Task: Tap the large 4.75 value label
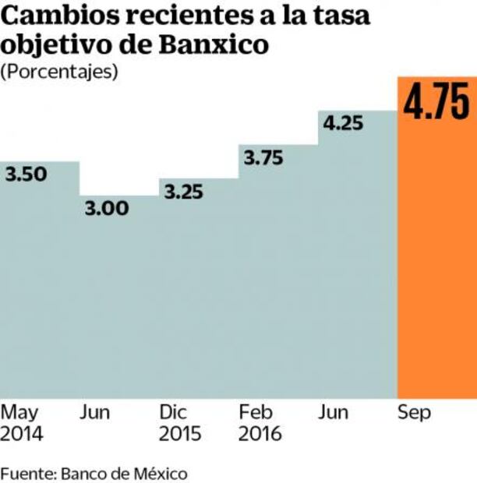click(436, 104)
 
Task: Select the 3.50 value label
click(26, 175)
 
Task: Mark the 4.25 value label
click(344, 124)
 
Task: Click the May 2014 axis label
click(23, 423)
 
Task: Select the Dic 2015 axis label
click(179, 423)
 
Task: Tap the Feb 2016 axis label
click(260, 423)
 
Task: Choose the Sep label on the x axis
click(414, 413)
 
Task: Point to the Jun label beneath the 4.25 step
click(333, 413)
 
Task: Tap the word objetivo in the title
click(52, 45)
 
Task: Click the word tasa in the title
click(338, 15)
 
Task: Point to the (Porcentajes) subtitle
click(59, 72)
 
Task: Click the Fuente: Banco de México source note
click(94, 473)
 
